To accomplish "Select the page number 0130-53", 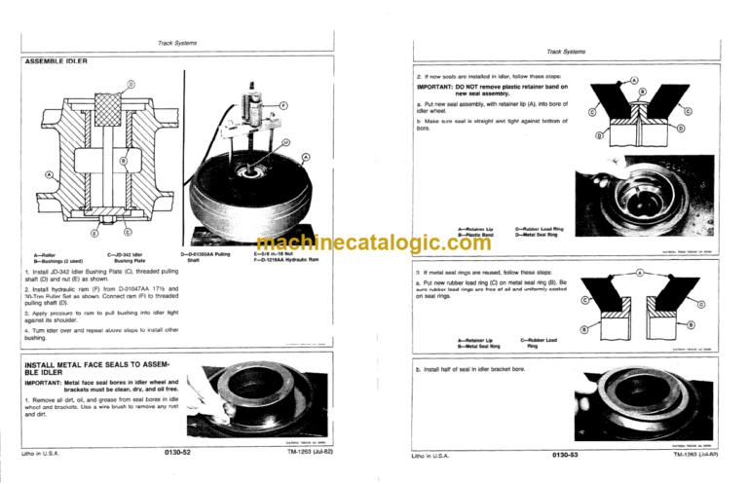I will point(569,454).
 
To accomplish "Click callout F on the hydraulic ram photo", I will point(282,104).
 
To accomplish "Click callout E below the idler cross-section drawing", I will point(93,233).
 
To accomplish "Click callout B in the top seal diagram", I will point(642,92).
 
